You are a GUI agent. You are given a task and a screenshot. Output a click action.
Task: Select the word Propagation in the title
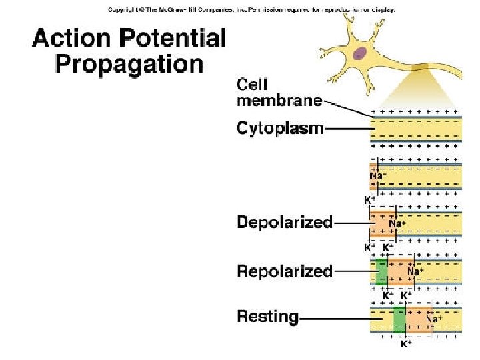(129, 65)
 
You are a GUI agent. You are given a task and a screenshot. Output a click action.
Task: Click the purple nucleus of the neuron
(360, 54)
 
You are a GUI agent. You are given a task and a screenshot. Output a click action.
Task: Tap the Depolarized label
(285, 223)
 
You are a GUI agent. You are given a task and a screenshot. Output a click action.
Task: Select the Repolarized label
(285, 271)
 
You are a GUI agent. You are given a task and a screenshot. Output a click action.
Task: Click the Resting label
(268, 317)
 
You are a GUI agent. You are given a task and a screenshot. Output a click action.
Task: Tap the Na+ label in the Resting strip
(434, 319)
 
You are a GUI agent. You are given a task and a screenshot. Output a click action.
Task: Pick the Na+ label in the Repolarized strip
(415, 271)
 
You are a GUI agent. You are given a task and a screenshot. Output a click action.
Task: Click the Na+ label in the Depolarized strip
(397, 224)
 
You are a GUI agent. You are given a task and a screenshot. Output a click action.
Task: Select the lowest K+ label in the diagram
(405, 345)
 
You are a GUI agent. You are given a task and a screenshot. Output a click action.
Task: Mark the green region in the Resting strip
(399, 318)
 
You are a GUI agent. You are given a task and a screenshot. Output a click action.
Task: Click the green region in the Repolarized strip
(381, 271)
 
